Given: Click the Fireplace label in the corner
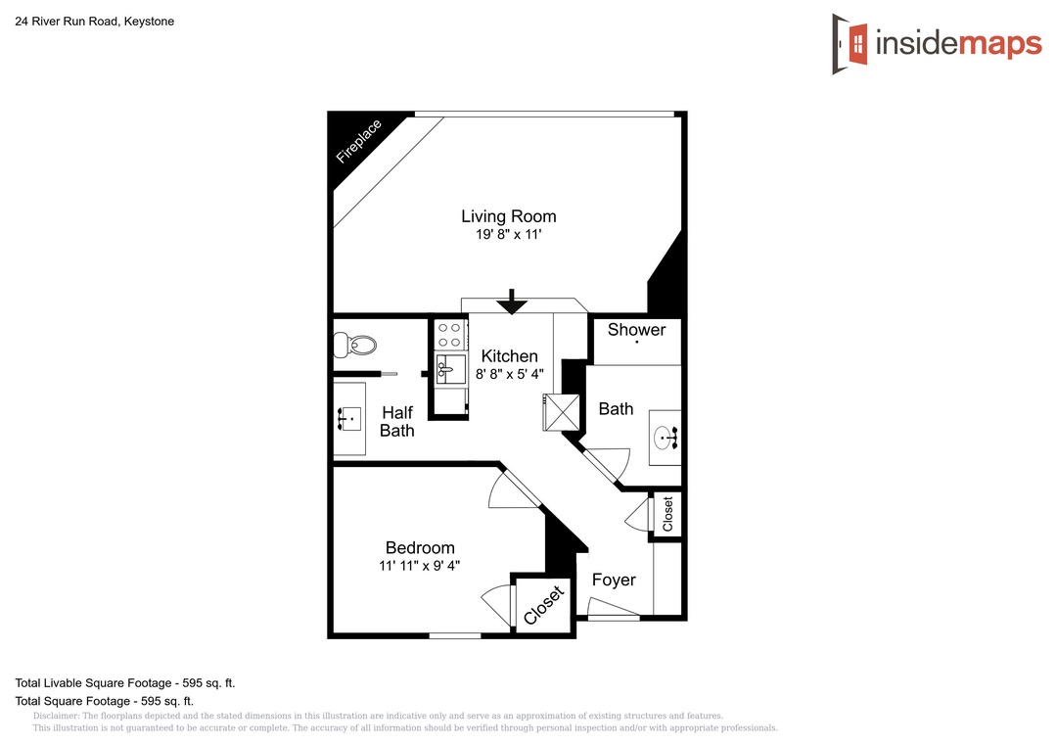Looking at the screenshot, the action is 358,141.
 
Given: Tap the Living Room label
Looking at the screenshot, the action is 509,216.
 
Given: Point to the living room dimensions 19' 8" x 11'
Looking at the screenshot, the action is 509,235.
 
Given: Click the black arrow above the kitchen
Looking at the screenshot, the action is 512,302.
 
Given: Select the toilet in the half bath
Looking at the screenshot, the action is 354,345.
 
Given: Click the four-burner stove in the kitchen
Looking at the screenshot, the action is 450,335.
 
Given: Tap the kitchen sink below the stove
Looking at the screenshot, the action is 450,369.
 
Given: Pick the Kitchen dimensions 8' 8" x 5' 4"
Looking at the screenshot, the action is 510,374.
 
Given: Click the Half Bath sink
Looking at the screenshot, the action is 349,419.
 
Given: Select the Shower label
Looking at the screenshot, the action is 636,330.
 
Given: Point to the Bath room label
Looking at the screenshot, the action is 617,409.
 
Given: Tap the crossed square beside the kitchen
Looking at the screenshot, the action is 562,412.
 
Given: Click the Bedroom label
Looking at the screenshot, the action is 420,547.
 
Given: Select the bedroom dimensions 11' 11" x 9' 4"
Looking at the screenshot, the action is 419,566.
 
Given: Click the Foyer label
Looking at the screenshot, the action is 614,581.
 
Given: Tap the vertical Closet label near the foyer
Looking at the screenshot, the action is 667,515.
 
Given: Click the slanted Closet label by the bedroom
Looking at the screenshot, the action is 543,605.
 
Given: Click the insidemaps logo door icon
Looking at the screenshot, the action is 850,44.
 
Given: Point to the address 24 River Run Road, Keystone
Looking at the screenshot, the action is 94,22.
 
